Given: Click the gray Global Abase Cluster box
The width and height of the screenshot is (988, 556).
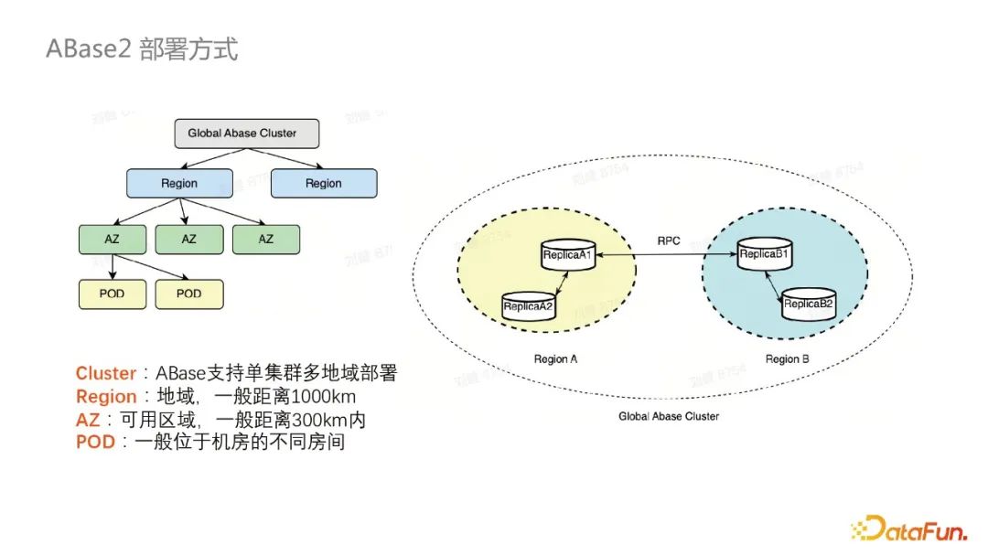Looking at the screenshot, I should coord(247,134).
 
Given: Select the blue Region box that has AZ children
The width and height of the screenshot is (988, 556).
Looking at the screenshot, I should coord(178,183).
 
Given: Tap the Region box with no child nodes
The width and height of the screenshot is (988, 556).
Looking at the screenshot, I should coord(323,183).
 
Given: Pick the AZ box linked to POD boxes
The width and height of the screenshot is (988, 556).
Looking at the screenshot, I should coord(111,239).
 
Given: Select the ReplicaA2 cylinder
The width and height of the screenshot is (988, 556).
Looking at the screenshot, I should coord(528,306).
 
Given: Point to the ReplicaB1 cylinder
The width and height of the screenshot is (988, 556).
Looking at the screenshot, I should coord(765,255).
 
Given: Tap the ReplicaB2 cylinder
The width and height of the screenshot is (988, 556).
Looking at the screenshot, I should coord(809,304).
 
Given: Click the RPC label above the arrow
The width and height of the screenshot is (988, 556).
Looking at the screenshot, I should coord(669,241).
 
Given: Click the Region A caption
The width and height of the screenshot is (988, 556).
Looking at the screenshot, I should coord(555,359).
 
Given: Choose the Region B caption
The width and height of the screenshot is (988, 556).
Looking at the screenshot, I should coord(787,359).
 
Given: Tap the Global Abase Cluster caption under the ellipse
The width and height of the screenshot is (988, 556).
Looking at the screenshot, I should coord(669,416).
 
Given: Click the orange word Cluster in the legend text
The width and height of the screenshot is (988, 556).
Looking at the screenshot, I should coord(105,373).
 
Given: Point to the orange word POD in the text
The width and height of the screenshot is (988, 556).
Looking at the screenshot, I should coord(95,443).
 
